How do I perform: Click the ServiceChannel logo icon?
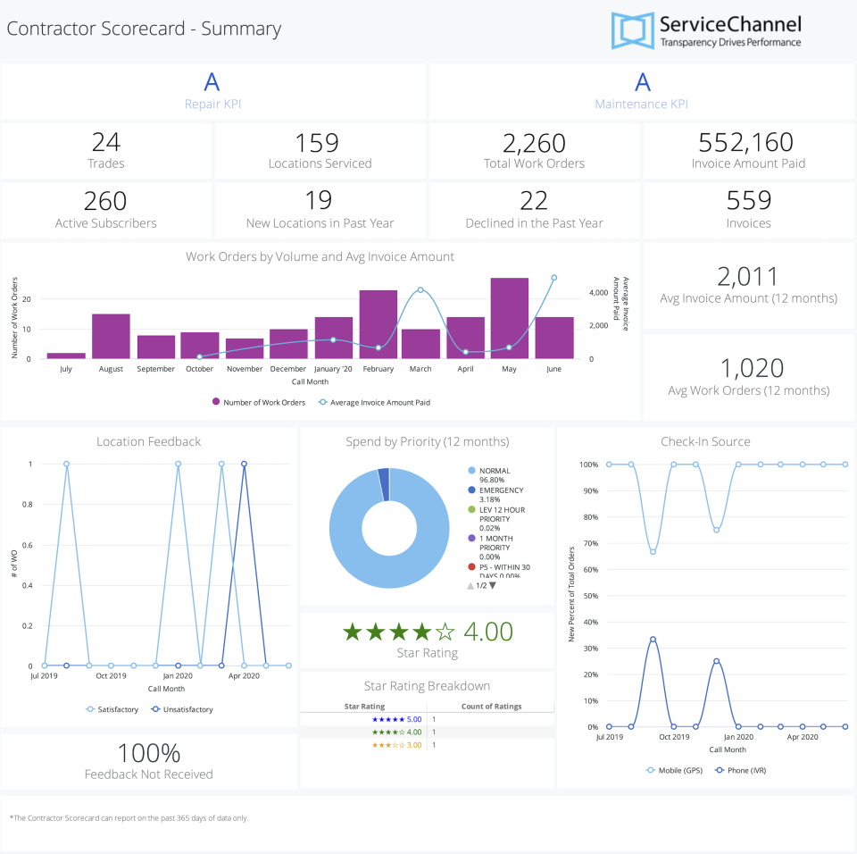coord(632,30)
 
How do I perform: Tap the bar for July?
coord(66,356)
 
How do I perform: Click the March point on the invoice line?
coord(420,289)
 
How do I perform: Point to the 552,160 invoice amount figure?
coord(748,142)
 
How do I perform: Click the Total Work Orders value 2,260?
coord(534,143)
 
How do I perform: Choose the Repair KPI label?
coord(212,104)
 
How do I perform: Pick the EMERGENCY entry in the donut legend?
coord(501,490)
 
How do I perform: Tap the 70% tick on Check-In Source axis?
coord(588,543)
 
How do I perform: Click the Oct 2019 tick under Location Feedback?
coord(111,677)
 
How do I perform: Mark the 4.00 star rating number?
coord(488,632)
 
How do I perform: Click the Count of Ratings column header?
coord(491,707)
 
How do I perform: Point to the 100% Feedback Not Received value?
coord(148,753)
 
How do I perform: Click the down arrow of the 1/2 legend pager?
coord(492,585)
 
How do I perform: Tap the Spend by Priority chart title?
coord(427,441)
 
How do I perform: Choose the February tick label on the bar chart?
coord(378,368)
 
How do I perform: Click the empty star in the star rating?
coord(445,632)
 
